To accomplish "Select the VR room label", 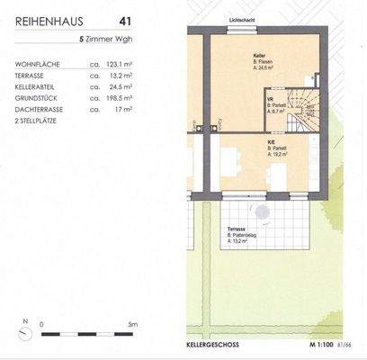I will pyautogui.click(x=271, y=100).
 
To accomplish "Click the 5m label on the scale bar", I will pyautogui.click(x=130, y=321).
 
